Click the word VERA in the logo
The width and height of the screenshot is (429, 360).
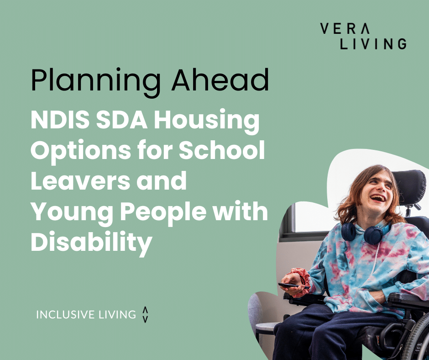point(345,28)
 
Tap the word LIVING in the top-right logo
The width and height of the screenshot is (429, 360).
point(373,44)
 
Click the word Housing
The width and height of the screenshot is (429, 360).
point(207,122)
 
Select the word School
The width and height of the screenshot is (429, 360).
point(222,150)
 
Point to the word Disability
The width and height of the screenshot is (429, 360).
point(91,242)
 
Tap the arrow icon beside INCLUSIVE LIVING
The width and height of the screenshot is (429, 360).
point(145,314)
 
